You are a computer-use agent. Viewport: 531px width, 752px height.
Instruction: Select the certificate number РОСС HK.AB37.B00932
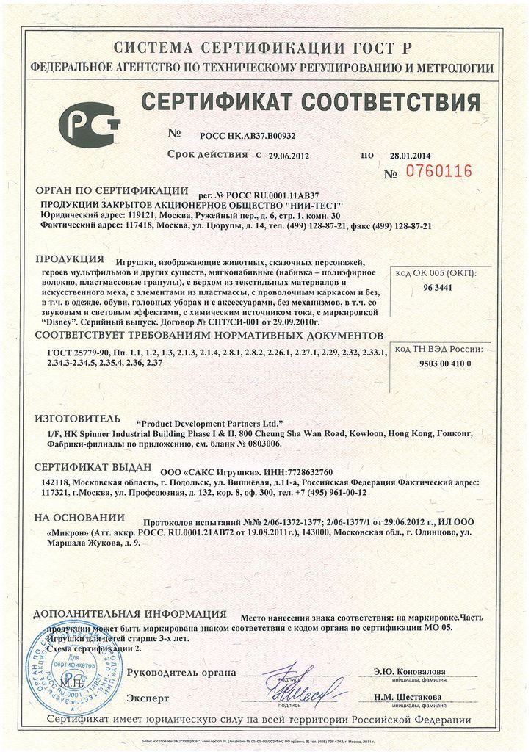coord(248,136)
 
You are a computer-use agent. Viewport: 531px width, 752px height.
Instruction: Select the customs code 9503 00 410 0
coord(445,364)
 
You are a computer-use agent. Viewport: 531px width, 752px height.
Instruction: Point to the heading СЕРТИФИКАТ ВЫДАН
coord(93,467)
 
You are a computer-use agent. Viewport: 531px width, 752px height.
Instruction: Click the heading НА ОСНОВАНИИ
coord(79,516)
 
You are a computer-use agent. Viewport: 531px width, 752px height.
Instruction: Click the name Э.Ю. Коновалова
coord(408,671)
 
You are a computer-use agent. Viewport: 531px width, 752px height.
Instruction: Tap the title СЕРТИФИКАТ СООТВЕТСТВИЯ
coord(311,101)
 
